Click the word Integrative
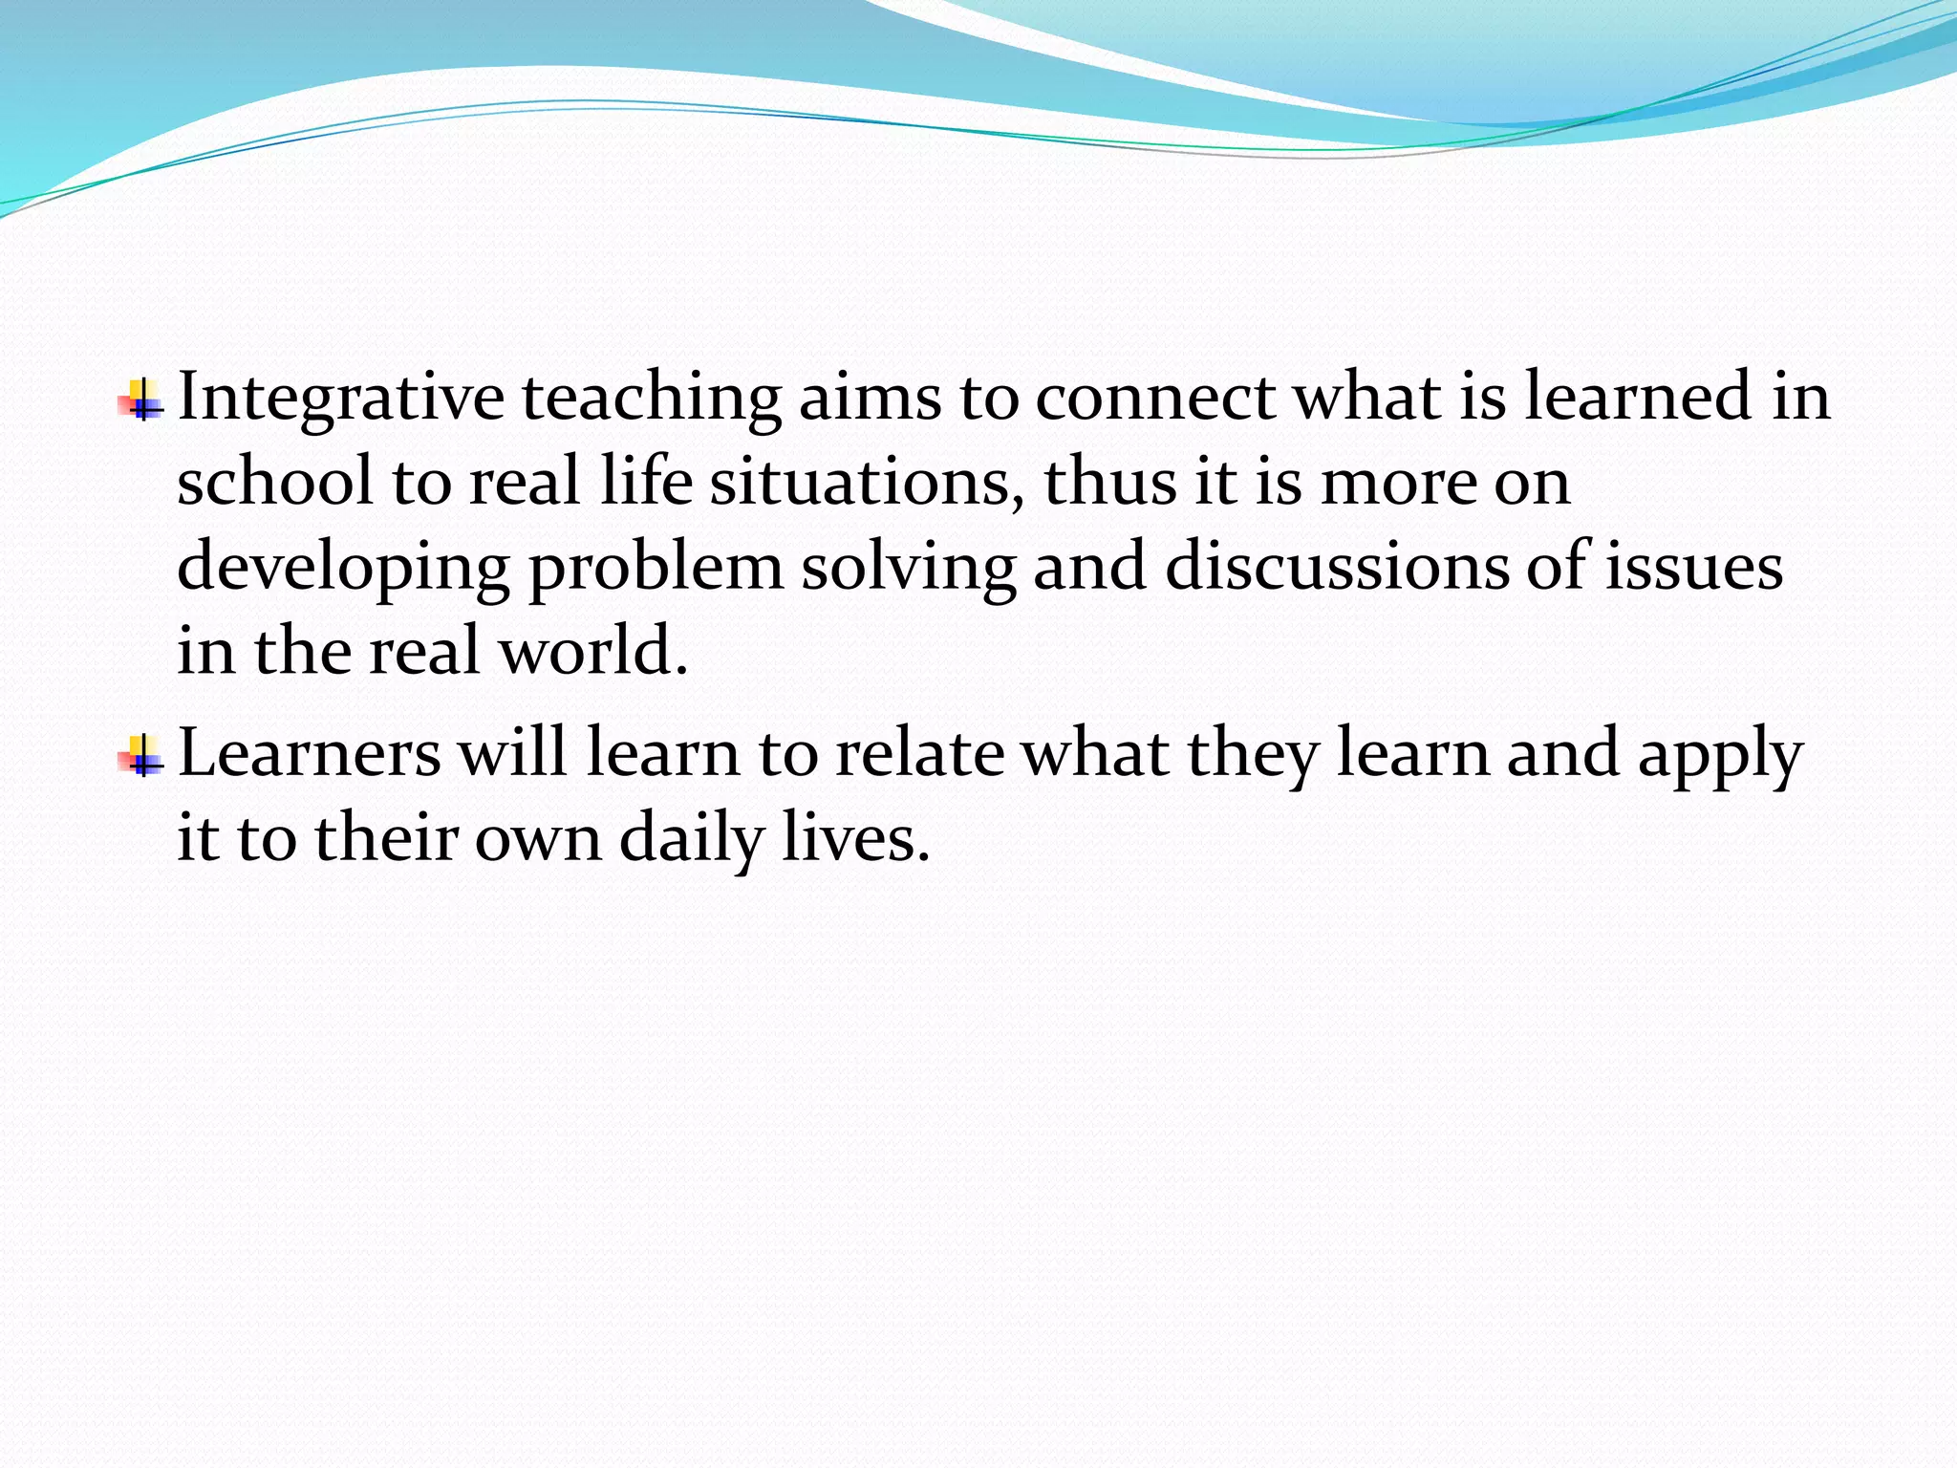click(x=340, y=398)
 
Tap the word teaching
click(x=651, y=398)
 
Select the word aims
click(x=870, y=398)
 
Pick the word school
click(x=274, y=482)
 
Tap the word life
click(x=646, y=482)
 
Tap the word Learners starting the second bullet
click(x=310, y=753)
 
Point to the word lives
click(x=855, y=837)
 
